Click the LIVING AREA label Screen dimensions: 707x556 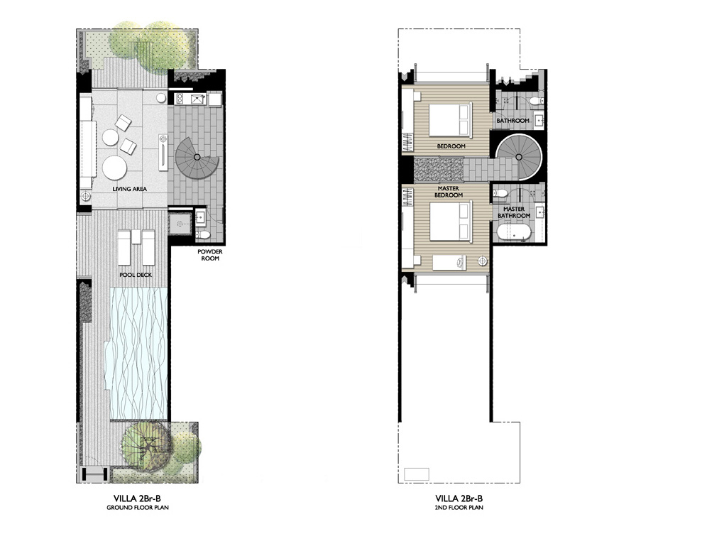click(129, 189)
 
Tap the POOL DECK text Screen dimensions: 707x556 click(136, 275)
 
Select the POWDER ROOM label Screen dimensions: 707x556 click(209, 255)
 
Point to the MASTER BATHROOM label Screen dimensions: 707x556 click(513, 212)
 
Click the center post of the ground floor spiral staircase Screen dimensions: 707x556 click(197, 157)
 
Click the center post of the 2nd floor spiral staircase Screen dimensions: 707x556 click(518, 157)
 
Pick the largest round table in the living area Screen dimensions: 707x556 click(114, 168)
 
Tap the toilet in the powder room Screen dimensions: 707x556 click(203, 234)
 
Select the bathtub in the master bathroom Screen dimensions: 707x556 click(513, 233)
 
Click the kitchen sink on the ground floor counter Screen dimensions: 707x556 click(198, 99)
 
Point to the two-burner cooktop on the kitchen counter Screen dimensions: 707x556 click(179, 99)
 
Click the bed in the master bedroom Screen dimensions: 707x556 click(451, 222)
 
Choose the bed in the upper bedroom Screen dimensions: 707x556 click(451, 119)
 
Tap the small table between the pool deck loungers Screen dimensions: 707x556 click(136, 236)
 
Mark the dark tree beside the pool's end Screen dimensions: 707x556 click(146, 447)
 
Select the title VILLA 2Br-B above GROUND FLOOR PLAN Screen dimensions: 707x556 click(137, 498)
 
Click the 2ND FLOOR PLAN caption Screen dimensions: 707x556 click(459, 507)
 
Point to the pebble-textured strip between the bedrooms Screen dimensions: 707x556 click(439, 169)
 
